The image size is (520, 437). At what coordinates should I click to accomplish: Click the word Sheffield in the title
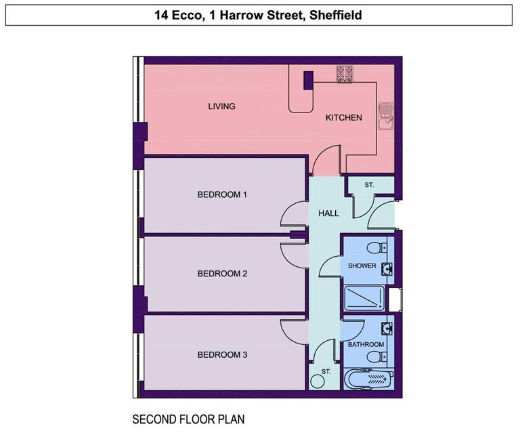click(x=334, y=15)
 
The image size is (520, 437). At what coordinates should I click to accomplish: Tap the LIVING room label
click(x=221, y=106)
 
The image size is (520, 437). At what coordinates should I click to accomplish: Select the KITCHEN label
click(x=344, y=118)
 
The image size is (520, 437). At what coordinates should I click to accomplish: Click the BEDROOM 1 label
click(x=222, y=194)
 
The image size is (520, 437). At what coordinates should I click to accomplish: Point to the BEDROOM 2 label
click(x=222, y=274)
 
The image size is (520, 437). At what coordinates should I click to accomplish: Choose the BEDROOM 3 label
click(x=222, y=354)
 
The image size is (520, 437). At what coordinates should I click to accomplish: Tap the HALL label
click(x=329, y=213)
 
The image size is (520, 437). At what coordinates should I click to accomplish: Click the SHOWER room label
click(x=362, y=266)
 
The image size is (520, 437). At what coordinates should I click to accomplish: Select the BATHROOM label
click(x=366, y=344)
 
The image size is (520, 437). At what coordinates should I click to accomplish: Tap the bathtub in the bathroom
click(x=368, y=379)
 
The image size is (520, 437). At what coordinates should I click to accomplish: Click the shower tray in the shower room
click(x=364, y=298)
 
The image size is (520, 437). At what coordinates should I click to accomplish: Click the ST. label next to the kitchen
click(x=369, y=184)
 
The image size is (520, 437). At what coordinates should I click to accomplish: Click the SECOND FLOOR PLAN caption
click(x=188, y=419)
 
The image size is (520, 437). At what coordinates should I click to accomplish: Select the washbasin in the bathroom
click(x=387, y=329)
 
